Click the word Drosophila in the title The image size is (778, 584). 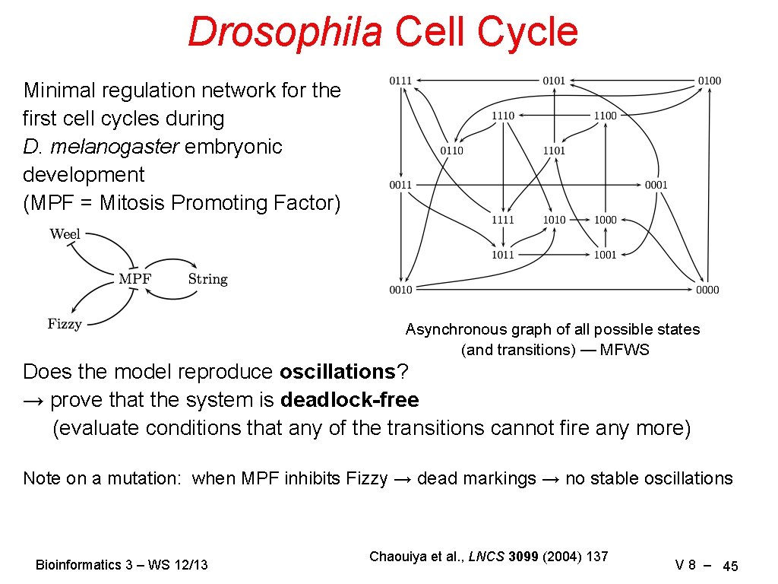click(285, 32)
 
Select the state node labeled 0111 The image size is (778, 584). click(400, 81)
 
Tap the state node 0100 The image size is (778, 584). click(709, 81)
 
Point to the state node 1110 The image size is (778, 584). click(502, 116)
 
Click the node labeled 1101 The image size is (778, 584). click(554, 151)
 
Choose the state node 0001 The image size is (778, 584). click(656, 185)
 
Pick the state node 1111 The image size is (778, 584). click(502, 220)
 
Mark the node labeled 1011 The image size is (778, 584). click(502, 255)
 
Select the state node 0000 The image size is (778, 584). click(707, 290)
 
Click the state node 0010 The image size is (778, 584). click(400, 290)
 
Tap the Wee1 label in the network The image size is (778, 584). click(65, 234)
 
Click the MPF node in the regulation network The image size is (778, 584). click(134, 279)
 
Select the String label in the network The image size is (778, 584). click(207, 279)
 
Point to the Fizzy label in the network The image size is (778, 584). click(64, 324)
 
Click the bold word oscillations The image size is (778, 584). click(338, 372)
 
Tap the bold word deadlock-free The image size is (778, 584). click(349, 400)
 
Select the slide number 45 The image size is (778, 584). click(730, 566)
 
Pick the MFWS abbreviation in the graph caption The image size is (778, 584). click(625, 350)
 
